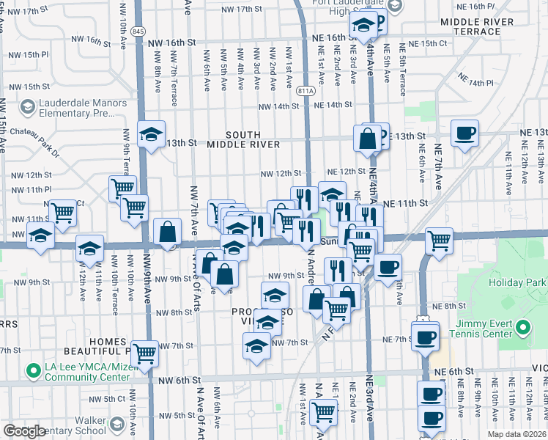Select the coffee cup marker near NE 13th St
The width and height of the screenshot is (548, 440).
464,133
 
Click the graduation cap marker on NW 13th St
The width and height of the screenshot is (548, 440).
152,134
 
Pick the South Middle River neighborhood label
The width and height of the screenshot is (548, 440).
242,139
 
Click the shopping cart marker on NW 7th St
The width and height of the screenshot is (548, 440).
144,353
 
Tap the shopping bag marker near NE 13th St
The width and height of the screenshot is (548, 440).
366,137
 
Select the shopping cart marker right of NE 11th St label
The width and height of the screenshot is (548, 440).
439,240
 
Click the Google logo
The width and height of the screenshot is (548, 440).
23,431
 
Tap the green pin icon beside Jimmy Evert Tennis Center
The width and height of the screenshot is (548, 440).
522,326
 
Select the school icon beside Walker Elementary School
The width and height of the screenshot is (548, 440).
116,425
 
